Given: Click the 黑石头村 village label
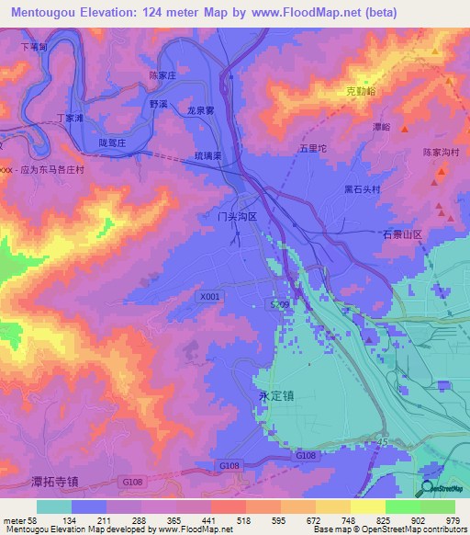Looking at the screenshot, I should tap(362, 188).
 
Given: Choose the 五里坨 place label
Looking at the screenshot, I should tap(313, 147).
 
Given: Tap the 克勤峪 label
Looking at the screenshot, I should tap(362, 93).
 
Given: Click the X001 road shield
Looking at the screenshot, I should tap(209, 297).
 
